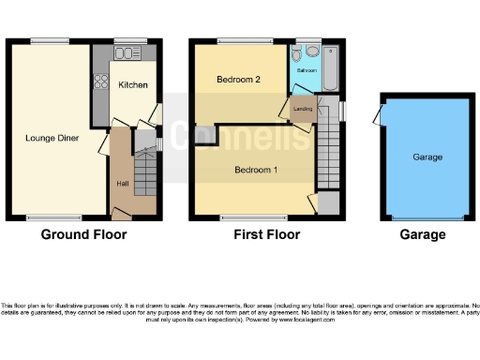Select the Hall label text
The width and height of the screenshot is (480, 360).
coord(122,184)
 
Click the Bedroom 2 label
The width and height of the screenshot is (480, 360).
coord(238,80)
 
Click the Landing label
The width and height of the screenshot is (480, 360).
coord(303,110)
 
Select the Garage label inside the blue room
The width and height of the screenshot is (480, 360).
coord(427,157)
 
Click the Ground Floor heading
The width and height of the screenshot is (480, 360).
coord(83,234)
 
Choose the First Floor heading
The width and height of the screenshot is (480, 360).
coord(266,234)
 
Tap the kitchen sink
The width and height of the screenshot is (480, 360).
coord(124,53)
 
